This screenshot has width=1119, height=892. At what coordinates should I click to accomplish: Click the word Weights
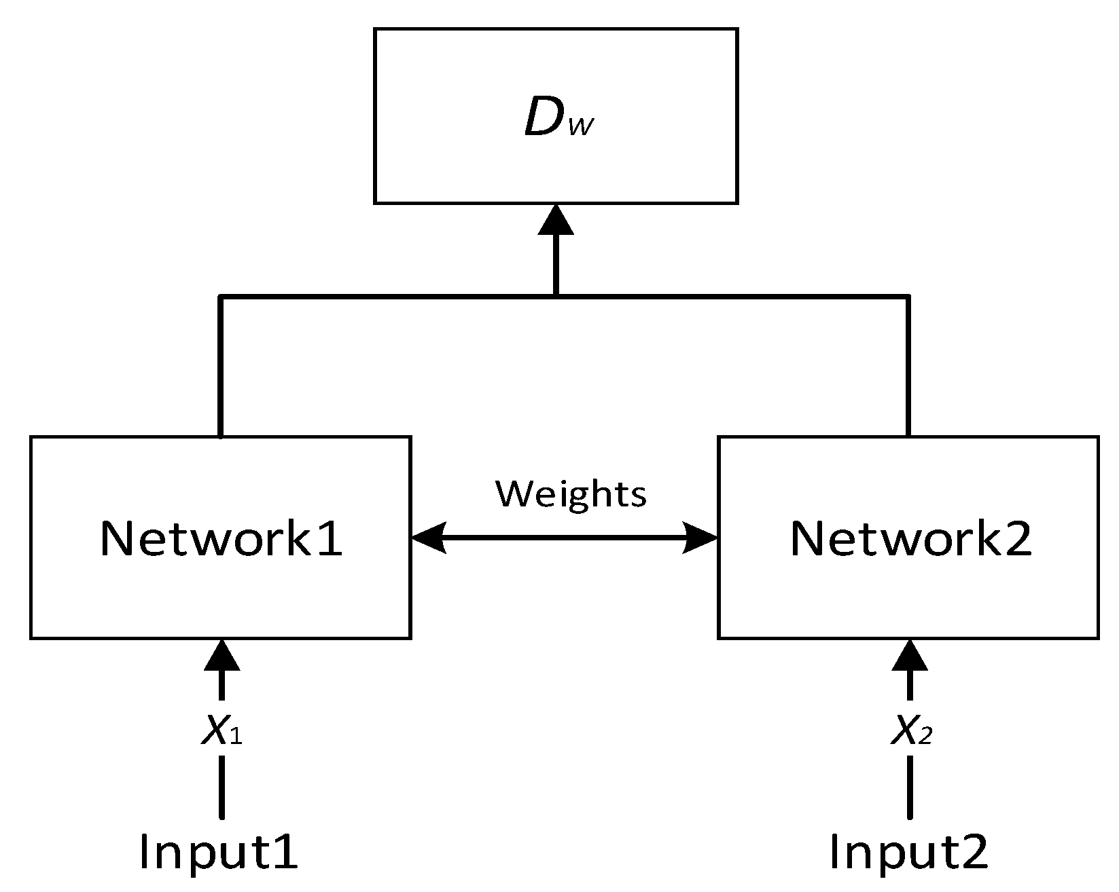pyautogui.click(x=571, y=494)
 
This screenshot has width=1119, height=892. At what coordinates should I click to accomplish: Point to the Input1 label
pyautogui.click(x=219, y=851)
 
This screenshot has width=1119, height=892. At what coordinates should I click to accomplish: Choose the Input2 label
pyautogui.click(x=909, y=851)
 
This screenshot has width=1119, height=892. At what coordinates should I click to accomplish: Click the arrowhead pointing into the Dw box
pyautogui.click(x=556, y=221)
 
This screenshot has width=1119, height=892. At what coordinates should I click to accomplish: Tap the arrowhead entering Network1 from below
pyautogui.click(x=221, y=656)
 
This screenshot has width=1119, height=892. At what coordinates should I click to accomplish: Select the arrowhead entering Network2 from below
pyautogui.click(x=910, y=656)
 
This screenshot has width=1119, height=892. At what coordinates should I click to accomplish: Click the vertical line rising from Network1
pyautogui.click(x=221, y=367)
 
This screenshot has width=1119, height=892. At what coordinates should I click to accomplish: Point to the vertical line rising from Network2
pyautogui.click(x=908, y=367)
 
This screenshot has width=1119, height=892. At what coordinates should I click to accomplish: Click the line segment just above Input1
pyautogui.click(x=221, y=787)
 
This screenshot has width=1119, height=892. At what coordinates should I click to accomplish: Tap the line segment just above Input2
pyautogui.click(x=910, y=787)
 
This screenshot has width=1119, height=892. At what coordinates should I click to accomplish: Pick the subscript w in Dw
pyautogui.click(x=582, y=127)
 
